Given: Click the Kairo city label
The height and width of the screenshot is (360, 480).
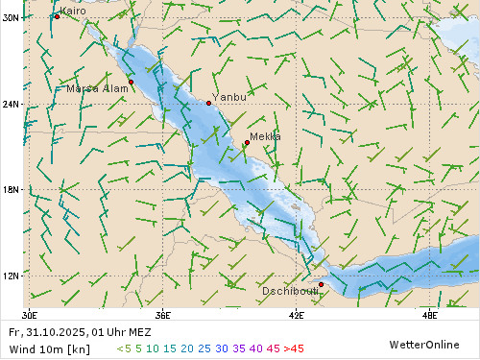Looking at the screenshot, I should pyautogui.click(x=73, y=11).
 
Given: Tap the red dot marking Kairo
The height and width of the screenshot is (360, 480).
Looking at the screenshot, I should pyautogui.click(x=57, y=16).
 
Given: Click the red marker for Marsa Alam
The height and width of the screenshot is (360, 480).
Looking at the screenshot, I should pyautogui.click(x=132, y=82).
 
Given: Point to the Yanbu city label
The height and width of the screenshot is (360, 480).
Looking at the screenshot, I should pyautogui.click(x=229, y=97).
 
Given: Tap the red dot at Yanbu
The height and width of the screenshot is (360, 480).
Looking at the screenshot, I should pyautogui.click(x=208, y=103).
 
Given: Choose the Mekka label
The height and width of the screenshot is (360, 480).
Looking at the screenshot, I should pyautogui.click(x=265, y=136).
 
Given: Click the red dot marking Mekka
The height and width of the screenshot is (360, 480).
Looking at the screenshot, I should pyautogui.click(x=247, y=143).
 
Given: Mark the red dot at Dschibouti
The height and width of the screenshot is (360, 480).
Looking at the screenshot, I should pyautogui.click(x=321, y=284).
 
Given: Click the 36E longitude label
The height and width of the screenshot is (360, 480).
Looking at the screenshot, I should pyautogui.click(x=163, y=314).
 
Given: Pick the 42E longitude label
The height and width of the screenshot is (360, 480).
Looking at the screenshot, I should pyautogui.click(x=297, y=314).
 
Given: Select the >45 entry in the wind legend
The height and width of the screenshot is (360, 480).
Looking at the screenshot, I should pyautogui.click(x=293, y=348).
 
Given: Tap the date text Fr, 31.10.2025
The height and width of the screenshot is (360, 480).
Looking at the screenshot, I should pyautogui.click(x=48, y=331).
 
